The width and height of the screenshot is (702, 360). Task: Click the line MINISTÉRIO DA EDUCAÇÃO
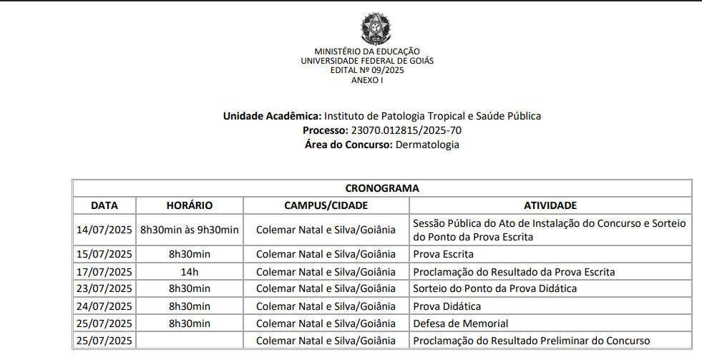point(367,52)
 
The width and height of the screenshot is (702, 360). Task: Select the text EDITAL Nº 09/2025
point(367,70)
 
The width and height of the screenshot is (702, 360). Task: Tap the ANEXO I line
point(367,80)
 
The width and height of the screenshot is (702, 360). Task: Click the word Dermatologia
point(427,145)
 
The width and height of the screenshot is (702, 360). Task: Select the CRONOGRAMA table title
point(382,188)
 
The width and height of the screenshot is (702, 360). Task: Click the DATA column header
point(104,205)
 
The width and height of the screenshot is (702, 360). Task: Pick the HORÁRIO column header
point(190,205)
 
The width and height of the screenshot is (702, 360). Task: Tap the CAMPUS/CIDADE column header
point(326,205)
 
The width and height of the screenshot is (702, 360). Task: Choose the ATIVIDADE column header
point(550,205)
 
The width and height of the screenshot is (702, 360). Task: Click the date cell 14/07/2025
point(104,230)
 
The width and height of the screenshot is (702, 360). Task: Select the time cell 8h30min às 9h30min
point(190,230)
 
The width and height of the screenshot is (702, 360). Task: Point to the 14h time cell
point(190,271)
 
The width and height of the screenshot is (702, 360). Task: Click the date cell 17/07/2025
point(104,271)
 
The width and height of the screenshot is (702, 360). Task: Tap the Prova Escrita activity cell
point(444,254)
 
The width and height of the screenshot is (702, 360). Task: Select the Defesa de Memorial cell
point(461,323)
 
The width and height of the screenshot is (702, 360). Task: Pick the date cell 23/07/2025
point(104,288)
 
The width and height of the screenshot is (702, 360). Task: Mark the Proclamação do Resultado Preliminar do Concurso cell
point(532,341)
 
